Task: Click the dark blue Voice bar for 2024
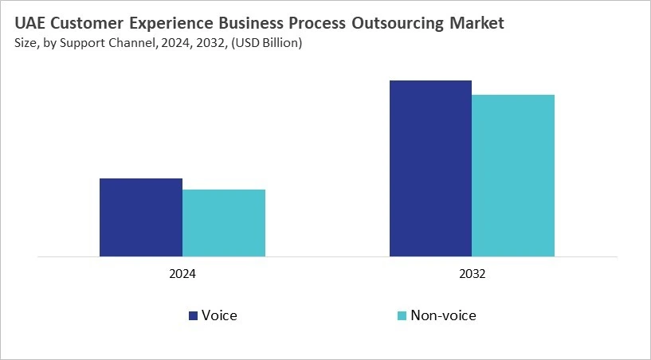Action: pyautogui.click(x=141, y=217)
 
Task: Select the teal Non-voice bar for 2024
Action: pyautogui.click(x=224, y=223)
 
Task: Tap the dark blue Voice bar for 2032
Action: pyautogui.click(x=430, y=169)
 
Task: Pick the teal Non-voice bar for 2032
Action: pyautogui.click(x=513, y=176)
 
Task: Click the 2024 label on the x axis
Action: pyautogui.click(x=182, y=273)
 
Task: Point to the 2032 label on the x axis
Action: pyautogui.click(x=472, y=273)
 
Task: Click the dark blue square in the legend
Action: pyautogui.click(x=193, y=316)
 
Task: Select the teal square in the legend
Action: pyautogui.click(x=402, y=316)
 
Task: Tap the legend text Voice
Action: pyautogui.click(x=219, y=315)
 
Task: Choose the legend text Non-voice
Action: pyautogui.click(x=443, y=315)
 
